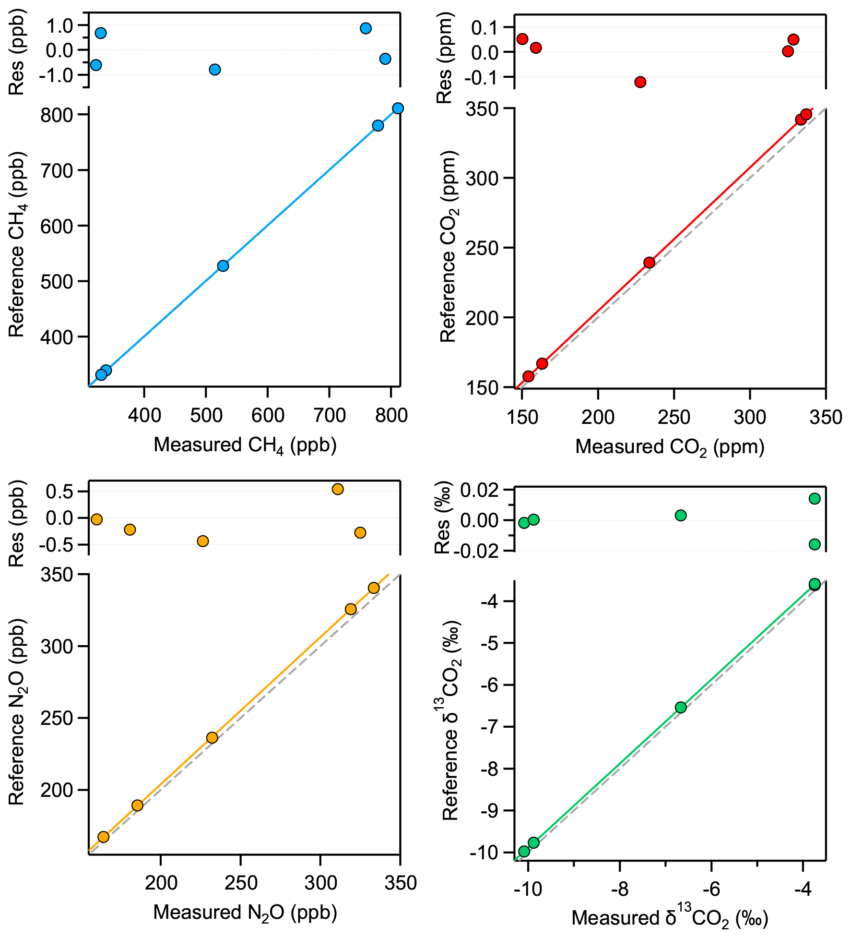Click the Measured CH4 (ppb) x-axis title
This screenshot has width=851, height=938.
(x=245, y=445)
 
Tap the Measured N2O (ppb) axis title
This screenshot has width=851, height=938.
(x=245, y=912)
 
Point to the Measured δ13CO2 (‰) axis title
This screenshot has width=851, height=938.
(x=670, y=918)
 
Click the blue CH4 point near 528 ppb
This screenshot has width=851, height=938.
(x=223, y=266)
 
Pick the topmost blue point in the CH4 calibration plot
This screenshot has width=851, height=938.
(x=398, y=108)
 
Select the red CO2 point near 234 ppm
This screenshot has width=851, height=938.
(x=649, y=263)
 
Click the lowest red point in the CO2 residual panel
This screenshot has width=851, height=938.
(x=640, y=82)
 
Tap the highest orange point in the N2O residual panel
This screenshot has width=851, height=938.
(x=338, y=489)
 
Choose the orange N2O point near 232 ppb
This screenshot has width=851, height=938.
(x=212, y=737)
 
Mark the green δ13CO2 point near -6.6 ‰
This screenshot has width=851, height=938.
(x=681, y=707)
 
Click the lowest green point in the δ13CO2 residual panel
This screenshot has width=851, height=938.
(x=815, y=544)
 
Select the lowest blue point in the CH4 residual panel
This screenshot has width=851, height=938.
(x=215, y=70)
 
